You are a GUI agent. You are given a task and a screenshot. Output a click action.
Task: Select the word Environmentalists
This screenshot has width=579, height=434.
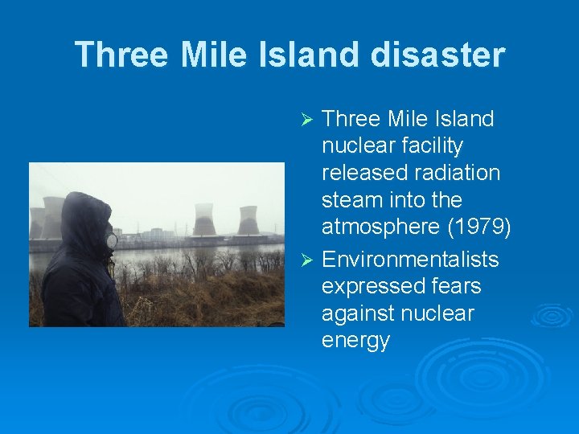410,260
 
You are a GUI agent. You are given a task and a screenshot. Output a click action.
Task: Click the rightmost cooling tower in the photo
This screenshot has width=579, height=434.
248,221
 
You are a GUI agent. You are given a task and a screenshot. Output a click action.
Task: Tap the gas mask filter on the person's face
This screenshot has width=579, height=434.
111,240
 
